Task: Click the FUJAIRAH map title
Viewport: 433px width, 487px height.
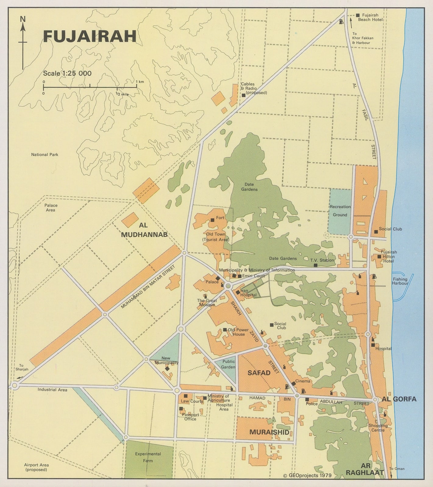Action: pos(90,36)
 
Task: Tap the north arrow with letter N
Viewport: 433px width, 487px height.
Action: pos(23,43)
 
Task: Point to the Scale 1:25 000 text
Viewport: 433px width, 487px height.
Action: pos(67,73)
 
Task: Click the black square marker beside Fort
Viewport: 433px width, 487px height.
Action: pos(212,220)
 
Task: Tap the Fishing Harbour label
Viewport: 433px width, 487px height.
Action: pos(400,281)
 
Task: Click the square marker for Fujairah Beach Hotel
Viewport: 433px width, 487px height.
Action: pos(358,15)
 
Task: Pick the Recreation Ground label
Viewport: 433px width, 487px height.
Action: pos(340,211)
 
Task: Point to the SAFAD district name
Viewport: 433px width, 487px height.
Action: pos(259,373)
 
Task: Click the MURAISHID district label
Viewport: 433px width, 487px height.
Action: pos(269,432)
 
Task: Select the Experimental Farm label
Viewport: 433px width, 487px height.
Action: pos(148,457)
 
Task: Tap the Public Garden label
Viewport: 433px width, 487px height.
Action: pos(228,364)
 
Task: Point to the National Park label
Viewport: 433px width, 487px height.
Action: pos(44,155)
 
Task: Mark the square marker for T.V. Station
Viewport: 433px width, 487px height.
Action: pos(315,265)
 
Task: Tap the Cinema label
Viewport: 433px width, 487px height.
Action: pos(303,381)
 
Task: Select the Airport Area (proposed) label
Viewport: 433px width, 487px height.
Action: pos(36,467)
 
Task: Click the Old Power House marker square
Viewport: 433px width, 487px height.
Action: pos(225,330)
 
